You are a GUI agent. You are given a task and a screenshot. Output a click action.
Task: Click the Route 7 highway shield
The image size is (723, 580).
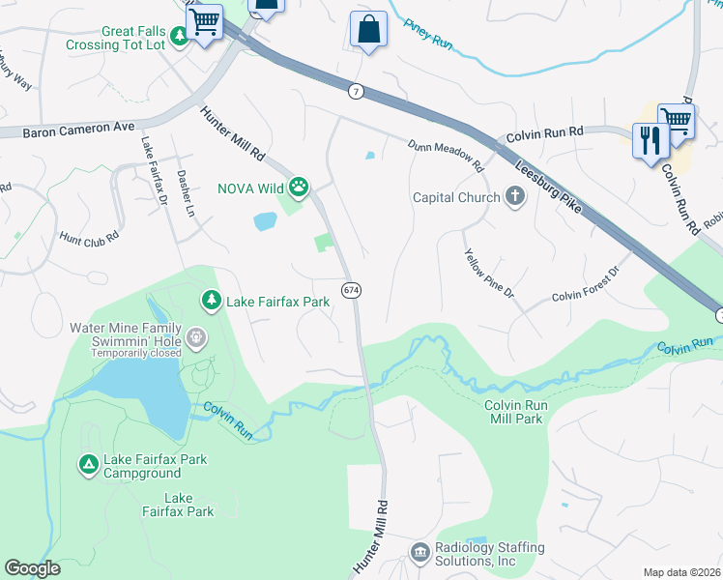[357, 91]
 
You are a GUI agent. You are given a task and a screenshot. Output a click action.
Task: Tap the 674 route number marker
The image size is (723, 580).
[351, 290]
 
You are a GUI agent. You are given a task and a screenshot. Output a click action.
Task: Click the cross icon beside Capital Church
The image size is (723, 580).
[514, 197]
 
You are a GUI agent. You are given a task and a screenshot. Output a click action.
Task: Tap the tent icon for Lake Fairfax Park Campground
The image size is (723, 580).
[88, 466]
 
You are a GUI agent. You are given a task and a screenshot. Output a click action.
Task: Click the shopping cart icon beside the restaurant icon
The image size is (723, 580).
[676, 122]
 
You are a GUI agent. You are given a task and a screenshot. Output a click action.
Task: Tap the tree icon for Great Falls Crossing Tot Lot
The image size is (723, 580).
[180, 36]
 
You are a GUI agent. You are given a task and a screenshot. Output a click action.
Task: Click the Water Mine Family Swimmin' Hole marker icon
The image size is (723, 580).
[197, 337]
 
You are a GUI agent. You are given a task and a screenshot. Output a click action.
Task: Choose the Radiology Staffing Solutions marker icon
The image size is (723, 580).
[420, 553]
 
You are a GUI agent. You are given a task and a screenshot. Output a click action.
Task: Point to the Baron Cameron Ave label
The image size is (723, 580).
[80, 128]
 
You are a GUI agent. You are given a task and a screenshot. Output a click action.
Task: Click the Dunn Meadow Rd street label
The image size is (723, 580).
[445, 153]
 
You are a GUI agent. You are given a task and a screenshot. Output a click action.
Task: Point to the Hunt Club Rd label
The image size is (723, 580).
[89, 235]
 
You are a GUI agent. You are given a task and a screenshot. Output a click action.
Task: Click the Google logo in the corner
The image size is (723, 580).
[33, 567]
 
